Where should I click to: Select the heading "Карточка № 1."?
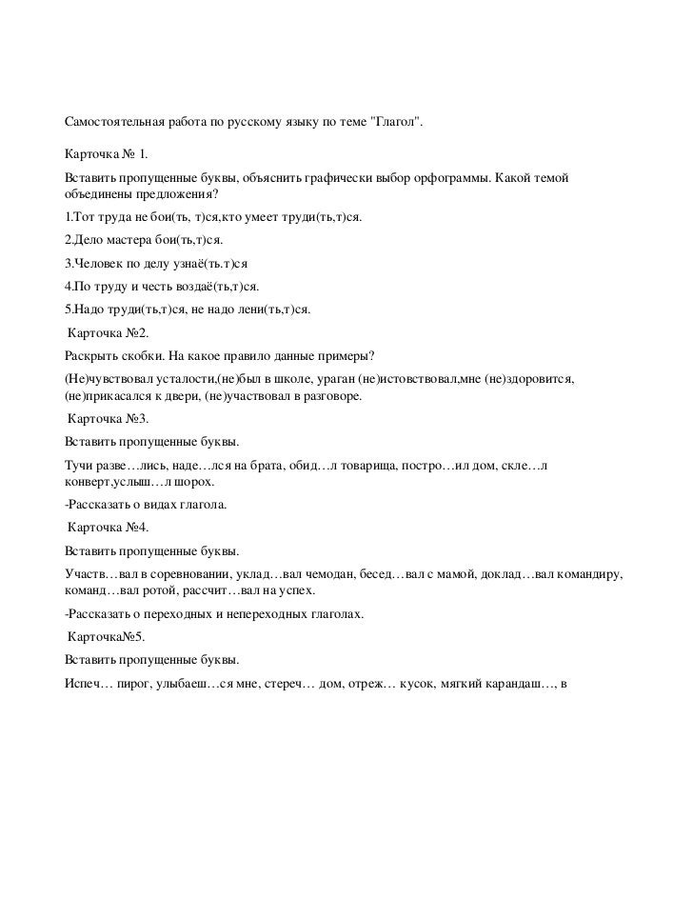(x=106, y=153)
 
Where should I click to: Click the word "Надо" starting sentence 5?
(x=88, y=309)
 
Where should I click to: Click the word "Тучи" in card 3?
(x=78, y=466)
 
